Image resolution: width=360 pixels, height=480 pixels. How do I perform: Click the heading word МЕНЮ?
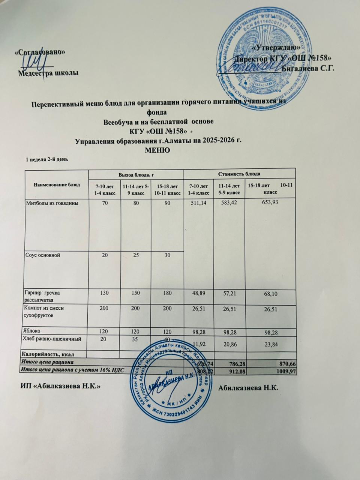pos(157,150)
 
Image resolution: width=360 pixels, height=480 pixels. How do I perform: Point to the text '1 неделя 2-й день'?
pos(46,159)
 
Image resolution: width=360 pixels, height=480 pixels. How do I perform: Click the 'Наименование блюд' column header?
pos(57,184)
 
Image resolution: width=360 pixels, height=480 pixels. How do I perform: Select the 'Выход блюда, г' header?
pos(136,174)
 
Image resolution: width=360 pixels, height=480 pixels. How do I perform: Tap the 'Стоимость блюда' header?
pos(239,174)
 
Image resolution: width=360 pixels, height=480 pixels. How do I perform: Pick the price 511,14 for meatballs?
pos(198,203)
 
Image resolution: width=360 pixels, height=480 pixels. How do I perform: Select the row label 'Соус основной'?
pos(43,255)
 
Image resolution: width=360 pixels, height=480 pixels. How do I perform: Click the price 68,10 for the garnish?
pos(270,294)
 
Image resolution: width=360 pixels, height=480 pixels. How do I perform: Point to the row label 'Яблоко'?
pos(33,331)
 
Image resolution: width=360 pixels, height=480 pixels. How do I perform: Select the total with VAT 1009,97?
pos(276,370)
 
